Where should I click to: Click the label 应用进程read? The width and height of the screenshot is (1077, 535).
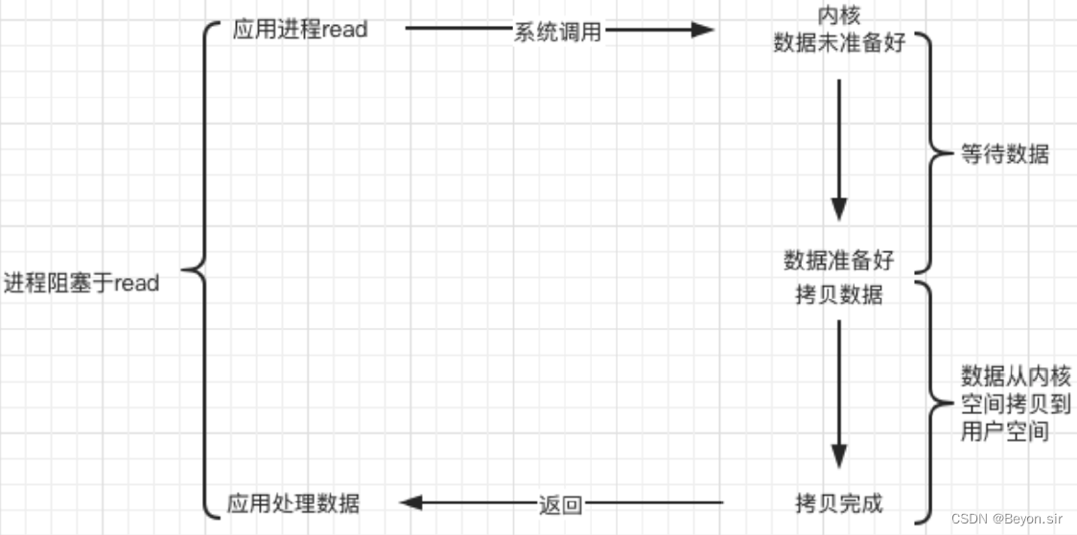click(299, 30)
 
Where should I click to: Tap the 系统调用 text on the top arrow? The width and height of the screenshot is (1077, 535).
click(557, 32)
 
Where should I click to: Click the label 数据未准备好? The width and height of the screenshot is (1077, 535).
click(839, 44)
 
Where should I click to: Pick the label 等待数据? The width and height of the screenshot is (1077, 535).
click(1005, 153)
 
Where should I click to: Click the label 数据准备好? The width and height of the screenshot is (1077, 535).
click(839, 260)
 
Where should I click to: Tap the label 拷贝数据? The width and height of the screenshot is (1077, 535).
click(839, 294)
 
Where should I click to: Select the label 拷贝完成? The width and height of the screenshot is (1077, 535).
click(839, 502)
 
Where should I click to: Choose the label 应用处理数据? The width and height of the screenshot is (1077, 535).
click(293, 502)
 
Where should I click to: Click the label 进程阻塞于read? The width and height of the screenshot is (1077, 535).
click(82, 284)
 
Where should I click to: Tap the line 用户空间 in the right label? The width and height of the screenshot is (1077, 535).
click(1004, 431)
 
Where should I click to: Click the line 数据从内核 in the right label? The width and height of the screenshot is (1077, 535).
click(1016, 375)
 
